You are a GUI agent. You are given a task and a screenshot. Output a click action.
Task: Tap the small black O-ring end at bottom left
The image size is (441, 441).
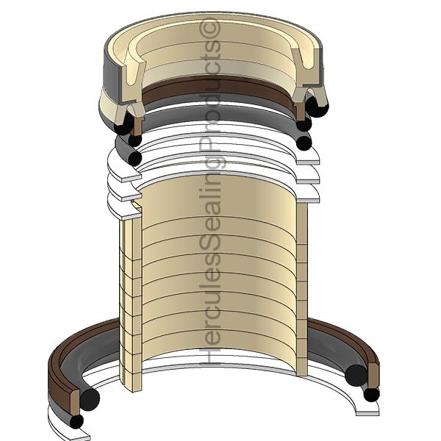click(x=76, y=421)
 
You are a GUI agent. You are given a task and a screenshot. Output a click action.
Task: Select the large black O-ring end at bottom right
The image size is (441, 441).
click(x=356, y=375)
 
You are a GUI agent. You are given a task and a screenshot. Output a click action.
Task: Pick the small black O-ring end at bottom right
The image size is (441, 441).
click(x=371, y=394)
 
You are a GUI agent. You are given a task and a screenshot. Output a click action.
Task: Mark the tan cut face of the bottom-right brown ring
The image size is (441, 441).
click(x=373, y=375)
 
